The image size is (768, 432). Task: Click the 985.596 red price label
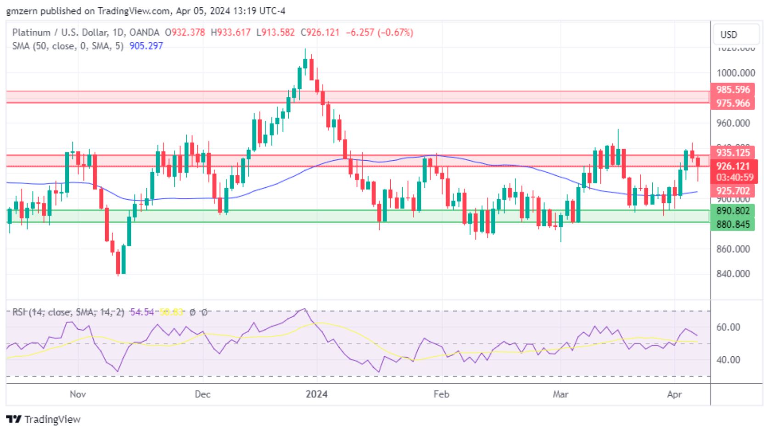[733, 90]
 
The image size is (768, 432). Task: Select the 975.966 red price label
[733, 103]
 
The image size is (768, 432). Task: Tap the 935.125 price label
[733, 152]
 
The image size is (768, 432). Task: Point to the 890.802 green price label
[733, 211]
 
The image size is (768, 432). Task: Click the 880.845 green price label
[733, 224]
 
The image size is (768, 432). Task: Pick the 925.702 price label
[733, 191]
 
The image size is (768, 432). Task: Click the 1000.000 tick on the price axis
[735, 73]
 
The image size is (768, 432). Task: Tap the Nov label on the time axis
[78, 394]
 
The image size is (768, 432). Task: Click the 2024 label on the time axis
[317, 394]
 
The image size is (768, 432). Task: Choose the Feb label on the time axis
[441, 394]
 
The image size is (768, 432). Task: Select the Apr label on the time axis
[674, 394]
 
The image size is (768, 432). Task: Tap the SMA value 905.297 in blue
[146, 46]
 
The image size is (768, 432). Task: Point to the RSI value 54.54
[142, 312]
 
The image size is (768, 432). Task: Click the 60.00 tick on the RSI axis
[728, 327]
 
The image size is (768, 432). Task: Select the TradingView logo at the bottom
[44, 419]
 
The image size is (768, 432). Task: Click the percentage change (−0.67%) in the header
[395, 33]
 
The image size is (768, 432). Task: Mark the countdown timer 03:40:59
[734, 178]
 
